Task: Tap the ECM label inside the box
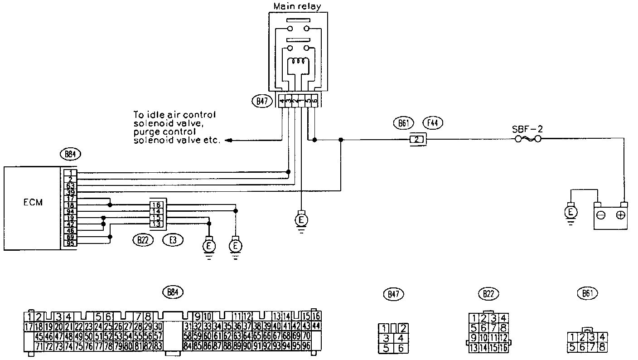(33, 203)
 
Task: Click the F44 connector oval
(432, 122)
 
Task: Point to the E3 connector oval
(173, 240)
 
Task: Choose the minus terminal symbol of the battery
(601, 215)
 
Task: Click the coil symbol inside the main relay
(297, 62)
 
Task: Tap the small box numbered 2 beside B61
(417, 140)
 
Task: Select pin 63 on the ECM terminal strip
(70, 185)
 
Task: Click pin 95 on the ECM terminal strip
(70, 243)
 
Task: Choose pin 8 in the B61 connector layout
(602, 347)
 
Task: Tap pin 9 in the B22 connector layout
(474, 337)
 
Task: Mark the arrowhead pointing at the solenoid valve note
(230, 141)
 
